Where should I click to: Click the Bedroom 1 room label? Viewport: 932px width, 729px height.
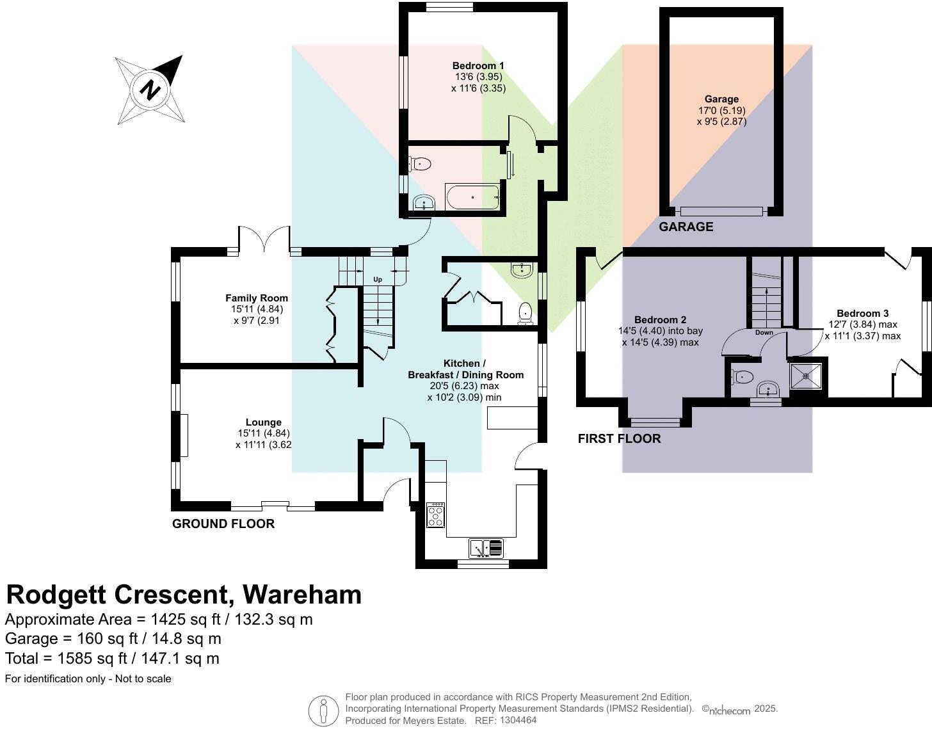click(x=478, y=66)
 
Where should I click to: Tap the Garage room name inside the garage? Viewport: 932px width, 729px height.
click(x=721, y=99)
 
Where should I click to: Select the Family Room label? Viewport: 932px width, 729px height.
click(x=257, y=298)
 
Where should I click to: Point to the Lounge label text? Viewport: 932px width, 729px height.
click(x=264, y=422)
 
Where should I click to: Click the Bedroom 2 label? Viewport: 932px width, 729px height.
click(x=660, y=320)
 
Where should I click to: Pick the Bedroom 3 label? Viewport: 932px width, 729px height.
click(x=862, y=314)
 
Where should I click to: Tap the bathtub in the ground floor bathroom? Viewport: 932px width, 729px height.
click(x=472, y=197)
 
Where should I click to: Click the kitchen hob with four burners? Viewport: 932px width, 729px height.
click(x=436, y=515)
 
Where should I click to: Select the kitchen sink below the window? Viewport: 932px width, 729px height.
click(x=486, y=549)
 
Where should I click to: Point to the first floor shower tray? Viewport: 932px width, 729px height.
click(x=806, y=376)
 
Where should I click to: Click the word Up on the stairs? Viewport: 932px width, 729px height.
click(x=378, y=280)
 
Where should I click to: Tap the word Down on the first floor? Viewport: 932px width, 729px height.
click(x=764, y=333)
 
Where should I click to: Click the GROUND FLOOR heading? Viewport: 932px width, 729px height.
click(x=223, y=524)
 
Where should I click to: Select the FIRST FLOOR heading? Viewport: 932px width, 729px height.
click(x=619, y=438)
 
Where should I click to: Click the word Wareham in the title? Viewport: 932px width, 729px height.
click(x=302, y=595)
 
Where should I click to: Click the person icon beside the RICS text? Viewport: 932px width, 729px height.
click(x=323, y=710)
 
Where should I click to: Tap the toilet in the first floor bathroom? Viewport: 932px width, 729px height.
click(x=743, y=377)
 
